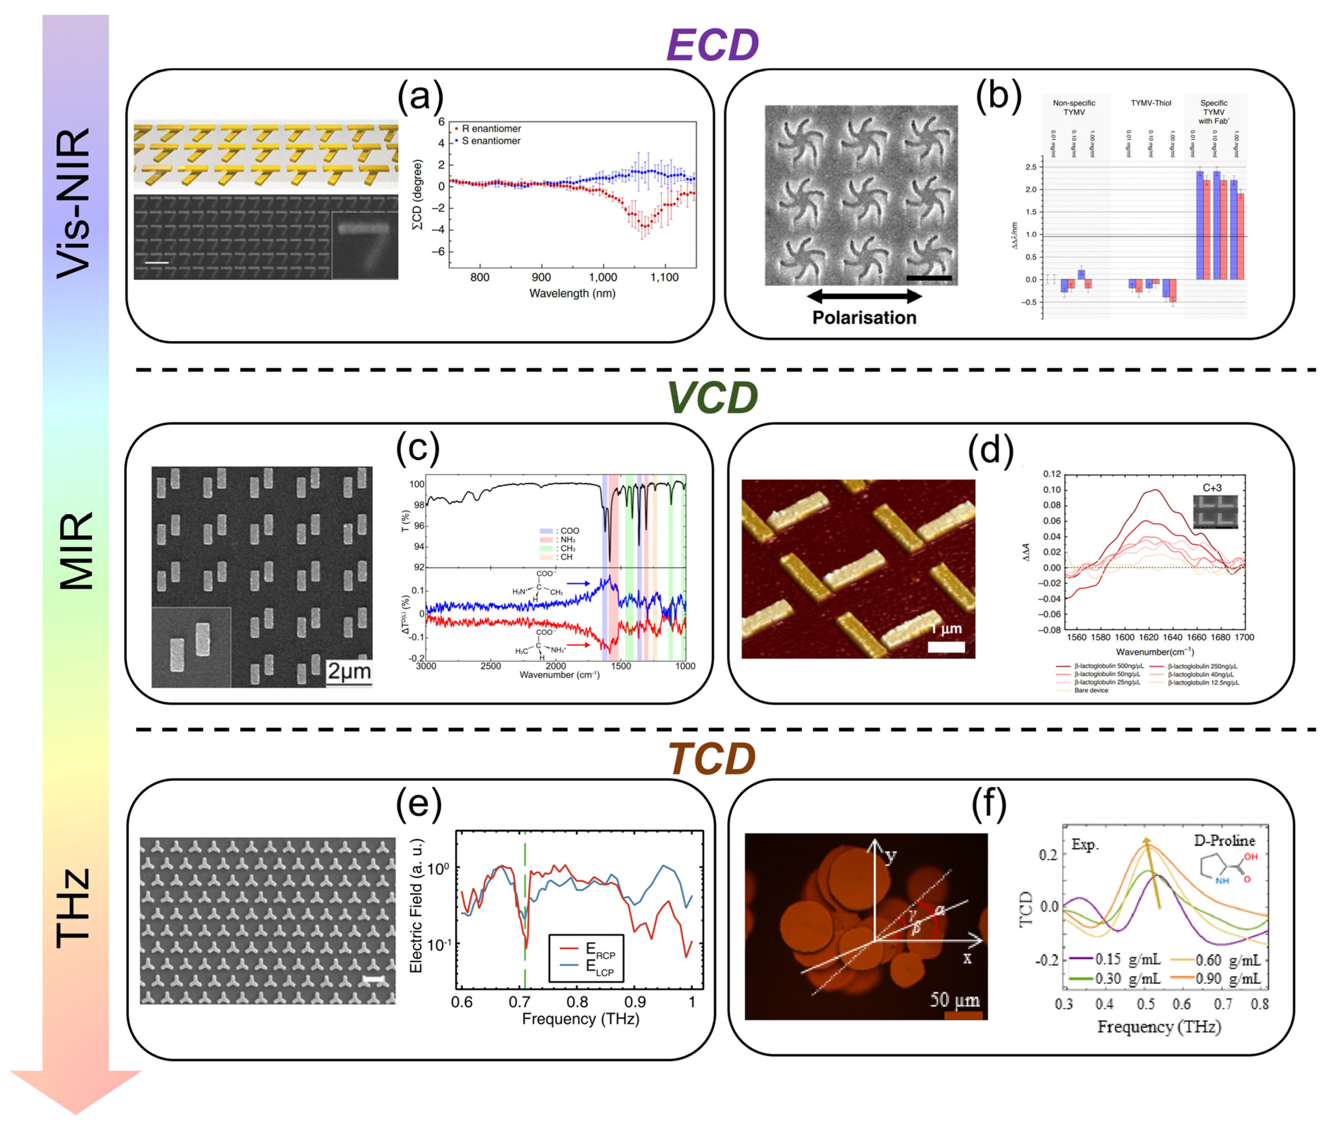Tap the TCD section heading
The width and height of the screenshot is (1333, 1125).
coord(712,759)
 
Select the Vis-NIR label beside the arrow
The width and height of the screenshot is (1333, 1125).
coord(74,203)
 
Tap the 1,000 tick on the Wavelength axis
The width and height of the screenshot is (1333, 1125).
coord(602,278)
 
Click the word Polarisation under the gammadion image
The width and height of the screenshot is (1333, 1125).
coord(863,318)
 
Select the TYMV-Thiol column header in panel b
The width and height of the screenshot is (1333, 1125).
coord(1151,103)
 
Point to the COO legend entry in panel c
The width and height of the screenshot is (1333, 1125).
coord(567,531)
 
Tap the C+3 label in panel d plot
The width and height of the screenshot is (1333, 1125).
coord(1212,488)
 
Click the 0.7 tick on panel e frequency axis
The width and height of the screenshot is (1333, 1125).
coord(519,1002)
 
